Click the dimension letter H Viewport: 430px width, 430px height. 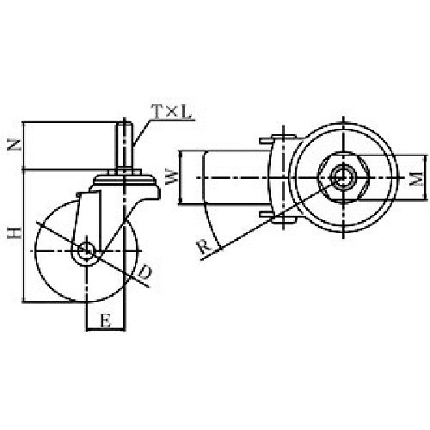(x=13, y=234)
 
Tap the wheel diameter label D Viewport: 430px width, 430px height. (x=145, y=272)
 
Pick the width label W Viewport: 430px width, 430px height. (x=171, y=180)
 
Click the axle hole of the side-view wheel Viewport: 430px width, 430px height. (x=87, y=251)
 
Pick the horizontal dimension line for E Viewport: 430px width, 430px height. (x=105, y=329)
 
